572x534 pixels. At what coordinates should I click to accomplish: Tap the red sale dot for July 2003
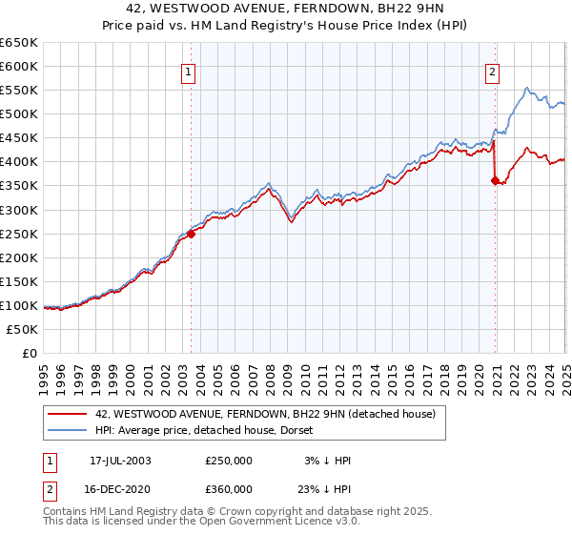(191, 234)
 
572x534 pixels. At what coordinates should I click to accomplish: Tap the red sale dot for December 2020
(496, 180)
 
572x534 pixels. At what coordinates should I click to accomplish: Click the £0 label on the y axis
(30, 353)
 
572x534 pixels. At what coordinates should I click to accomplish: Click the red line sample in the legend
(68, 414)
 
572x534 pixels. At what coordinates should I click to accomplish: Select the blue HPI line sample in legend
(68, 429)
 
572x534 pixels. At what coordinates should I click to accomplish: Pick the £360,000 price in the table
(229, 489)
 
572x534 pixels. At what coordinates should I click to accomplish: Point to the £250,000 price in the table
(229, 461)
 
